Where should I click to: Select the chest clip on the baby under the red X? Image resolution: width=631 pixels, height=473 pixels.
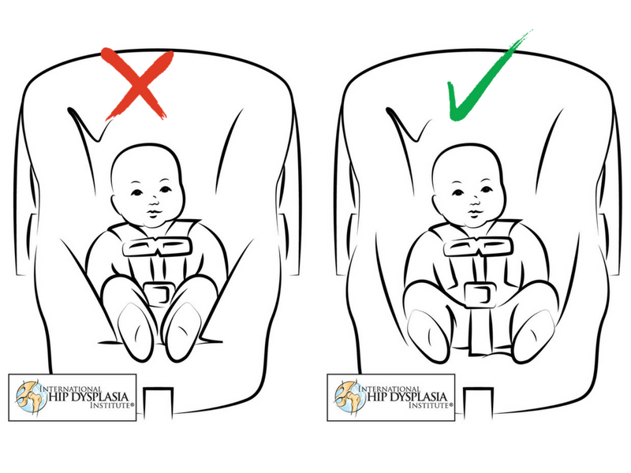pos(157,247)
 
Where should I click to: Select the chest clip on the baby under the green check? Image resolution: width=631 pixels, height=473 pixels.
pos(479,247)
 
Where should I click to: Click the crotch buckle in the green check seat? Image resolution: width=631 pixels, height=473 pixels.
pos(480,294)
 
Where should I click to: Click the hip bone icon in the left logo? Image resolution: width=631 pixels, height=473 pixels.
pos(30,397)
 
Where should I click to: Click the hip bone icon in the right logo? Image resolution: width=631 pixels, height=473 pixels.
pos(349,397)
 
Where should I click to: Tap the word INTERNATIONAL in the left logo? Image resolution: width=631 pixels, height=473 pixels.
pos(71,389)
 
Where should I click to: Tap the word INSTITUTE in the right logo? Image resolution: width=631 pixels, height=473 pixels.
pos(428,405)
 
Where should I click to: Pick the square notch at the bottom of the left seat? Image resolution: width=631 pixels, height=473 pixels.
pos(159,401)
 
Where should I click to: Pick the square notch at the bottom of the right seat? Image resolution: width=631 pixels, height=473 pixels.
pos(478,401)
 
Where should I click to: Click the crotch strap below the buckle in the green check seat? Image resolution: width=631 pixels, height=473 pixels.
pos(480,330)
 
